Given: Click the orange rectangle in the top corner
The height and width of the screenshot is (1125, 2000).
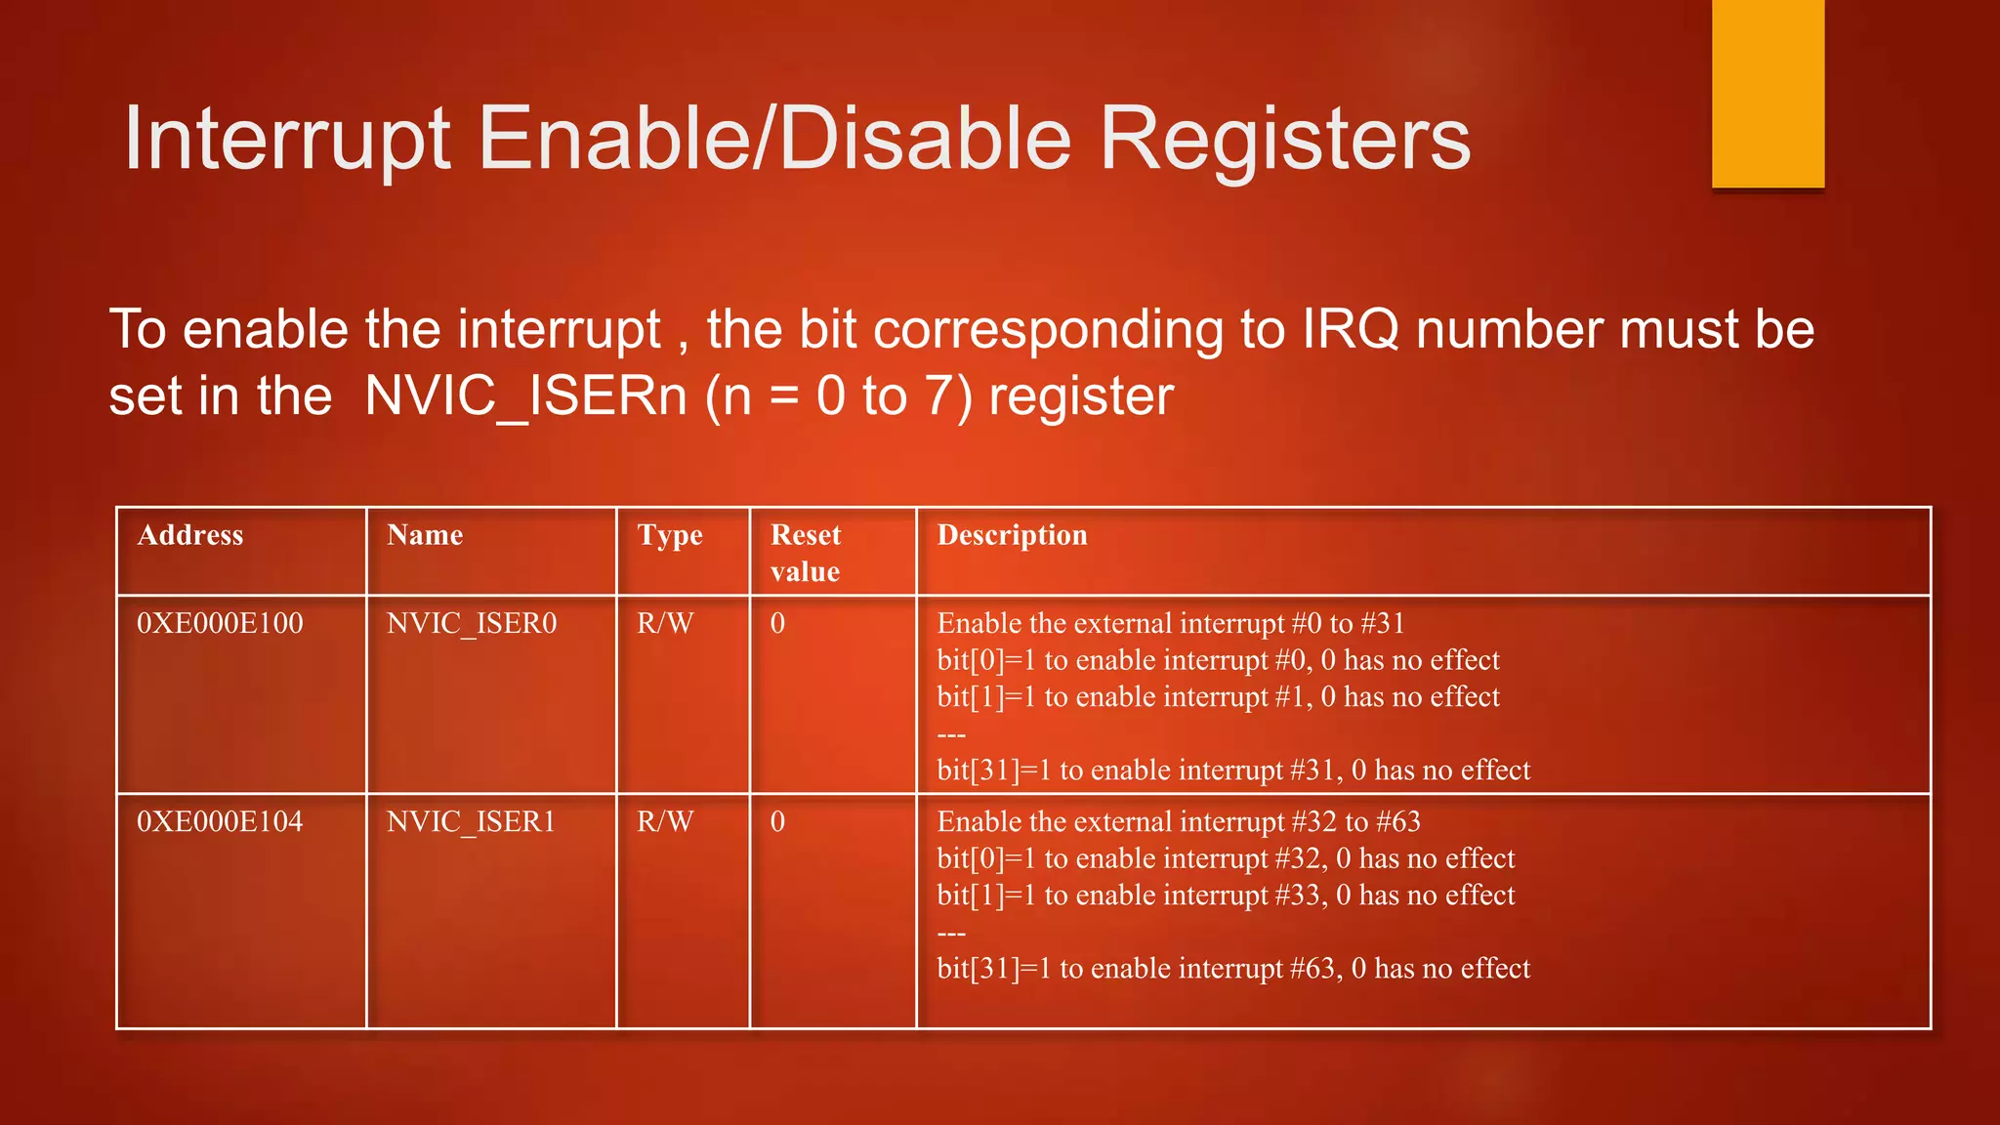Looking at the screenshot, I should pyautogui.click(x=1768, y=94).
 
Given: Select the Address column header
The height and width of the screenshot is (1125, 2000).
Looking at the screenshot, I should pyautogui.click(x=190, y=535).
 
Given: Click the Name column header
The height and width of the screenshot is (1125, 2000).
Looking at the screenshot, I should pyautogui.click(x=425, y=535).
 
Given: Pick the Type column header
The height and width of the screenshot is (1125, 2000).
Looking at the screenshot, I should pyautogui.click(x=670, y=535).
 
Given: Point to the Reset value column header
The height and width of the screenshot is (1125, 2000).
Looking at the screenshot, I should pyautogui.click(x=806, y=553).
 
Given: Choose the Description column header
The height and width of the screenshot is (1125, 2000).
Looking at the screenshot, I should pyautogui.click(x=1012, y=535).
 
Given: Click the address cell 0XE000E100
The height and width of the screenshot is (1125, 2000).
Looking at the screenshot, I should pyautogui.click(x=220, y=623).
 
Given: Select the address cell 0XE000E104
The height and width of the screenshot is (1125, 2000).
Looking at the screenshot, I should pyautogui.click(x=220, y=821).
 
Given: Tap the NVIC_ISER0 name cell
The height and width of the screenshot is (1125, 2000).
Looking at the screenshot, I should pyautogui.click(x=472, y=623).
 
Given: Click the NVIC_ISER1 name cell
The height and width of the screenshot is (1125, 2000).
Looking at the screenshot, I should pyautogui.click(x=472, y=821).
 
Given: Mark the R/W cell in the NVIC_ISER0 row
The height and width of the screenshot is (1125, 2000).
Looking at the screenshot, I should pyautogui.click(x=665, y=623).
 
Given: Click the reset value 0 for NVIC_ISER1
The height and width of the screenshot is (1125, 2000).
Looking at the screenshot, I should pyautogui.click(x=777, y=821).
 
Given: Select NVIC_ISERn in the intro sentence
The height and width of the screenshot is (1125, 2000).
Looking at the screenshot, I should pyautogui.click(x=525, y=396).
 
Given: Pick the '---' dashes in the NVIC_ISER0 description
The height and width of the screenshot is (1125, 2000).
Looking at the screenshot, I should pyautogui.click(x=951, y=734).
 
